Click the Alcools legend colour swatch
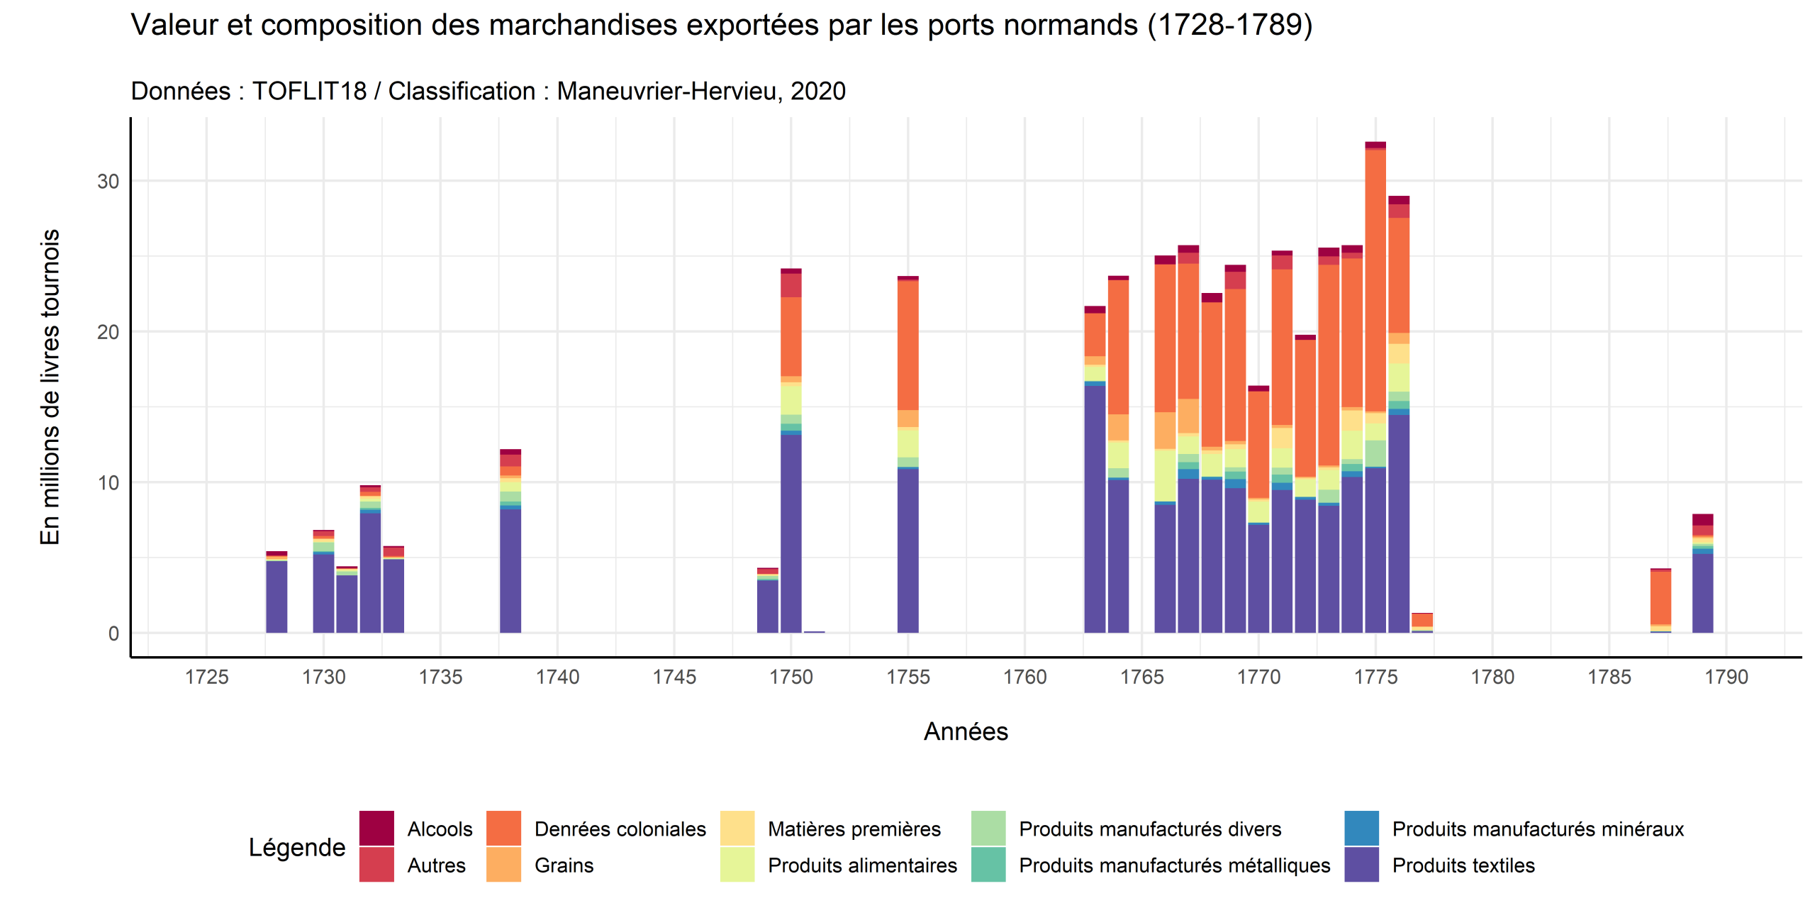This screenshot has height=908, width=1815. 376,829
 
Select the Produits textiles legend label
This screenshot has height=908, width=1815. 1463,865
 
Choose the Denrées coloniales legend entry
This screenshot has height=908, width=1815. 620,829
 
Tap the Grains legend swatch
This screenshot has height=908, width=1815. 503,865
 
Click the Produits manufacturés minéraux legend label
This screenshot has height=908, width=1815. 1537,829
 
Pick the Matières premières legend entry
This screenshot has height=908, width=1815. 854,829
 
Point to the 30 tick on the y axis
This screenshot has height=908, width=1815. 108,182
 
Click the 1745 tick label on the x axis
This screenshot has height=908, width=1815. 674,677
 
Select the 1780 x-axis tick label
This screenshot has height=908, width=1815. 1492,677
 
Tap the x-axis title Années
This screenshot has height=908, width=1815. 965,731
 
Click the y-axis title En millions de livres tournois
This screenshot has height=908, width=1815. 50,387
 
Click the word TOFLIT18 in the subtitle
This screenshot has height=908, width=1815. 309,92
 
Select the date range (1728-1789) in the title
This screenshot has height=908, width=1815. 1229,26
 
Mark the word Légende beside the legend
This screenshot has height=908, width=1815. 296,847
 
